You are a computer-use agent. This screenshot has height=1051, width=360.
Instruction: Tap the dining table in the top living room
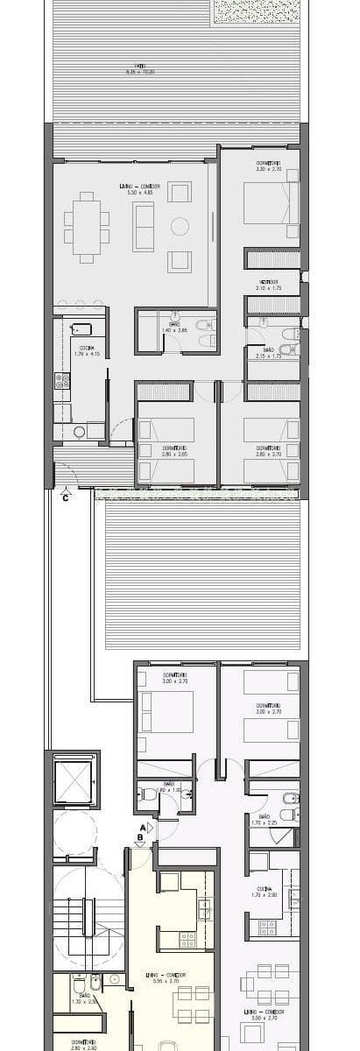pyautogui.click(x=86, y=227)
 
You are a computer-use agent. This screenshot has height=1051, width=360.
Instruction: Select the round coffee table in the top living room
pyautogui.click(x=180, y=226)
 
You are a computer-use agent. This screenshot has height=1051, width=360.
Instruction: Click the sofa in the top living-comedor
pyautogui.click(x=143, y=226)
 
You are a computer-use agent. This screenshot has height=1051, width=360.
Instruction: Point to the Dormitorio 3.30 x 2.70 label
pyautogui.click(x=268, y=166)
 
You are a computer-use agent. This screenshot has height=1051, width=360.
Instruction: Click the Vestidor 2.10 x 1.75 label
pyautogui.click(x=267, y=285)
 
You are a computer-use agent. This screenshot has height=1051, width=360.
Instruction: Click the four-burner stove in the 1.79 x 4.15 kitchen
pyautogui.click(x=62, y=382)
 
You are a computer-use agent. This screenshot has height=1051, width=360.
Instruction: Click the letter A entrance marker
pyautogui.click(x=141, y=827)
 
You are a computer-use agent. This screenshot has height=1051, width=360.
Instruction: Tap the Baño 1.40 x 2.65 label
pyautogui.click(x=174, y=328)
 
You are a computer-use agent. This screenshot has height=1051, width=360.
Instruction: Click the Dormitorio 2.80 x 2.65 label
pyautogui.click(x=174, y=451)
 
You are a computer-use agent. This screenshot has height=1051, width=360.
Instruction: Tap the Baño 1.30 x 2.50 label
pyautogui.click(x=84, y=998)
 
